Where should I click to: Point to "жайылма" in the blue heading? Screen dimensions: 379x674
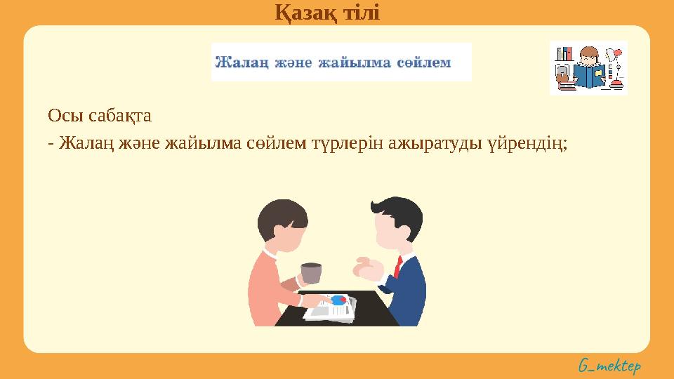[x=354, y=62]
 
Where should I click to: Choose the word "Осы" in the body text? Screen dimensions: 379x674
[x=60, y=114]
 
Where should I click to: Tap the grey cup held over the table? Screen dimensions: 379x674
[x=310, y=274]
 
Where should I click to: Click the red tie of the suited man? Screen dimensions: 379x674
[x=398, y=266]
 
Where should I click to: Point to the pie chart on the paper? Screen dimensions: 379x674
[x=339, y=300]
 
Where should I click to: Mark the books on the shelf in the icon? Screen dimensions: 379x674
[x=564, y=54]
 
